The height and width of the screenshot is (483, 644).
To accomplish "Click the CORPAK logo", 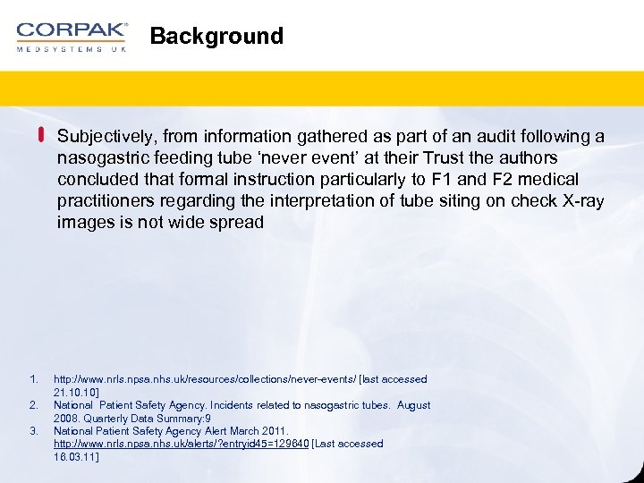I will click(72, 36).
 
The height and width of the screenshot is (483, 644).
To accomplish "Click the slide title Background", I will click(216, 36).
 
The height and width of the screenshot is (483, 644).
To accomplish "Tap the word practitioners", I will click(101, 201).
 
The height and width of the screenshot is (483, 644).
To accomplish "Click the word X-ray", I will click(581, 201).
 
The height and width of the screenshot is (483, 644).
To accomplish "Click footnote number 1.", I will click(32, 379).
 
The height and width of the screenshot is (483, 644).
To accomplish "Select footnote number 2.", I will click(32, 405).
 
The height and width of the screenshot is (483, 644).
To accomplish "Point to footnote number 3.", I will click(32, 431).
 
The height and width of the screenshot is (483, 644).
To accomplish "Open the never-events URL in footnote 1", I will click(204, 379).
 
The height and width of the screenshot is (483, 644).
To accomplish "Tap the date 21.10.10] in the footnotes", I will click(77, 392).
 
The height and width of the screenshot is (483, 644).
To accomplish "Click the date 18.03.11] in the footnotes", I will click(77, 456).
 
